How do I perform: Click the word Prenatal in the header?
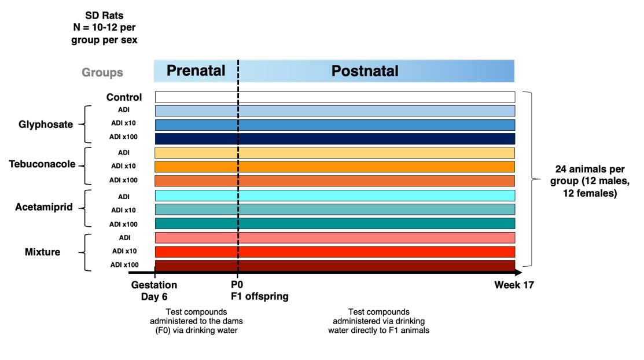pyautogui.click(x=196, y=71)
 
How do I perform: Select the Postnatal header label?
pyautogui.click(x=365, y=71)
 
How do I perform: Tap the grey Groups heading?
pyautogui.click(x=102, y=72)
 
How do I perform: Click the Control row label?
pyautogui.click(x=124, y=97)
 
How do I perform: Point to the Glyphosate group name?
pyautogui.click(x=46, y=124)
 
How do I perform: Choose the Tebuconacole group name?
pyautogui.click(x=42, y=164)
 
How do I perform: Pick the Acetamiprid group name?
pyautogui.click(x=44, y=207)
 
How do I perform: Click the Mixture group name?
pyautogui.click(x=42, y=252)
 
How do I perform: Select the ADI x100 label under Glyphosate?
pyautogui.click(x=123, y=137)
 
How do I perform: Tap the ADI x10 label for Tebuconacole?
pyautogui.click(x=123, y=166)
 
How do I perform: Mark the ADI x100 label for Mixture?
pyautogui.click(x=124, y=265)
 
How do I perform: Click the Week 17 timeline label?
pyautogui.click(x=514, y=285)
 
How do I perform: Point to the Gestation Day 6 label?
pyautogui.click(x=154, y=291)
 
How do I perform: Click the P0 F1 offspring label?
pyautogui.click(x=260, y=290)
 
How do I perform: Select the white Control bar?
pyautogui.click(x=335, y=97)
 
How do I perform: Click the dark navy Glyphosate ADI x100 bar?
pyautogui.click(x=335, y=139)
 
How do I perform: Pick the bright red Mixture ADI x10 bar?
pyautogui.click(x=335, y=252)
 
